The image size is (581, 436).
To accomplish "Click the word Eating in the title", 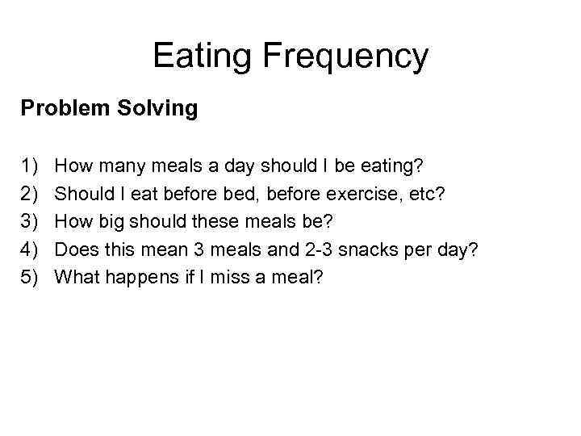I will click(202, 57).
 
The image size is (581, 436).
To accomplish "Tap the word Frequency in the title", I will click(345, 57).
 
